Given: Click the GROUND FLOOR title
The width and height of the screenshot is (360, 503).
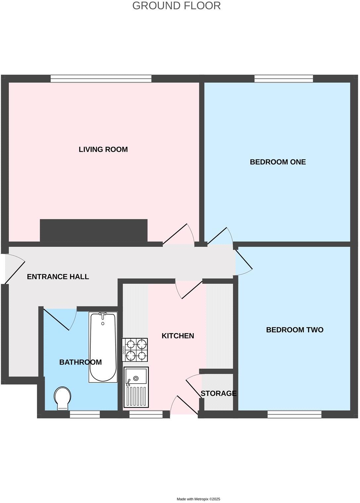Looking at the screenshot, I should pos(176,6).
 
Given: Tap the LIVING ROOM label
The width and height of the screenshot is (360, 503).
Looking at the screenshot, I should pos(103,149).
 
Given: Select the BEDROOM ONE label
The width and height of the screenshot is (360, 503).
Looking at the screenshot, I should pos(278,162).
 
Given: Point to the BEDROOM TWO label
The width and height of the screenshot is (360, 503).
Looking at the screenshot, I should pos(294,330).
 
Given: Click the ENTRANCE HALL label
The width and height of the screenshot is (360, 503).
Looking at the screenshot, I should pos(58,277).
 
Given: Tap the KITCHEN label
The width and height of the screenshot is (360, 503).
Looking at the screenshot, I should pos(178,336).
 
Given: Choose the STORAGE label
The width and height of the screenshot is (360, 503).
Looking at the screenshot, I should pos(218,393).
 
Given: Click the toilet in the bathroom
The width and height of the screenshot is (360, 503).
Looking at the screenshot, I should pos(63,398).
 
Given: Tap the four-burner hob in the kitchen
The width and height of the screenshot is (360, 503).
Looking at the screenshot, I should pos(135,350).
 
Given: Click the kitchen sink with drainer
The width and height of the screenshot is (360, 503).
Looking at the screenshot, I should pos(136,387).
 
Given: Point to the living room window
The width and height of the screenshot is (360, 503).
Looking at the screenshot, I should pos(101,78).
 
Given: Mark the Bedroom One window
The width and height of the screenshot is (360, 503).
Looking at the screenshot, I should pos(284,78).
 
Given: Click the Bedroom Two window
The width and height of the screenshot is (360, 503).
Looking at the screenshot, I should pos(294,414).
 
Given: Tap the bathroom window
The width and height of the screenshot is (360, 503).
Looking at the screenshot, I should pos(85,414).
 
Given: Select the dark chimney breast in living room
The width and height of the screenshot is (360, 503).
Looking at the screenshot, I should pos(94,230).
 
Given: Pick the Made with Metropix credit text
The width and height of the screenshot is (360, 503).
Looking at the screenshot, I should pos(198,499).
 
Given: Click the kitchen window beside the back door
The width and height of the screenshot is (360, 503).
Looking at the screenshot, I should pos(146,414).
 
